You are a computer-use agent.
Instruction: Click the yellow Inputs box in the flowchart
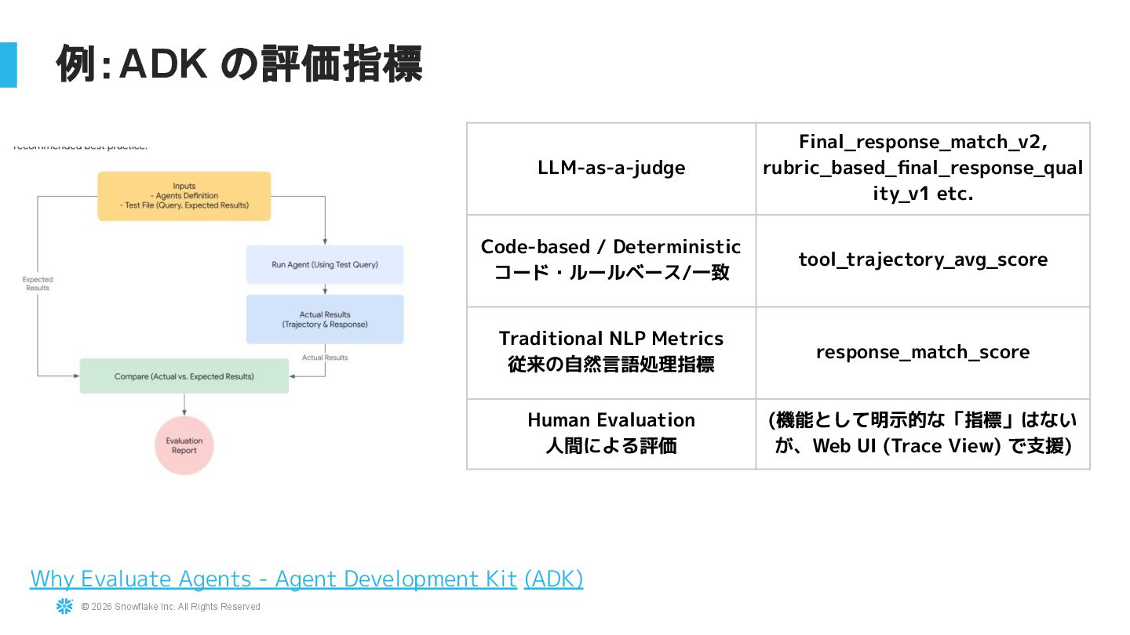pyautogui.click(x=184, y=196)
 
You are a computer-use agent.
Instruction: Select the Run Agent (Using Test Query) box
pyautogui.click(x=325, y=264)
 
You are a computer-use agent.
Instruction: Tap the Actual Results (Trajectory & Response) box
pyautogui.click(x=325, y=319)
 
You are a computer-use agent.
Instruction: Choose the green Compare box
pyautogui.click(x=184, y=376)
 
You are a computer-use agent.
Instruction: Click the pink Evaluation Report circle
pyautogui.click(x=184, y=445)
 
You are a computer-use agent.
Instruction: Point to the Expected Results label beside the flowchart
pyautogui.click(x=37, y=284)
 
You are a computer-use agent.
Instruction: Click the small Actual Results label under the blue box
pyautogui.click(x=325, y=357)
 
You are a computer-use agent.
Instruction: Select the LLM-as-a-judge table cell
pyautogui.click(x=611, y=168)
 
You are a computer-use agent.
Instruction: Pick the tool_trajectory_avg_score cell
pyautogui.click(x=923, y=259)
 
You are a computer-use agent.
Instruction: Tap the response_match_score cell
pyautogui.click(x=923, y=352)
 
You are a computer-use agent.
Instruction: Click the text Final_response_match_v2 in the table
pyautogui.click(x=923, y=142)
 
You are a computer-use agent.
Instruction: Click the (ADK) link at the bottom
pyautogui.click(x=553, y=579)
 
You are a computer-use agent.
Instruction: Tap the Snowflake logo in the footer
pyautogui.click(x=64, y=606)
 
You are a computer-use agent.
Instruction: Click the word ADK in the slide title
pyautogui.click(x=162, y=63)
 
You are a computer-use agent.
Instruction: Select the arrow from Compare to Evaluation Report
pyautogui.click(x=184, y=404)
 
